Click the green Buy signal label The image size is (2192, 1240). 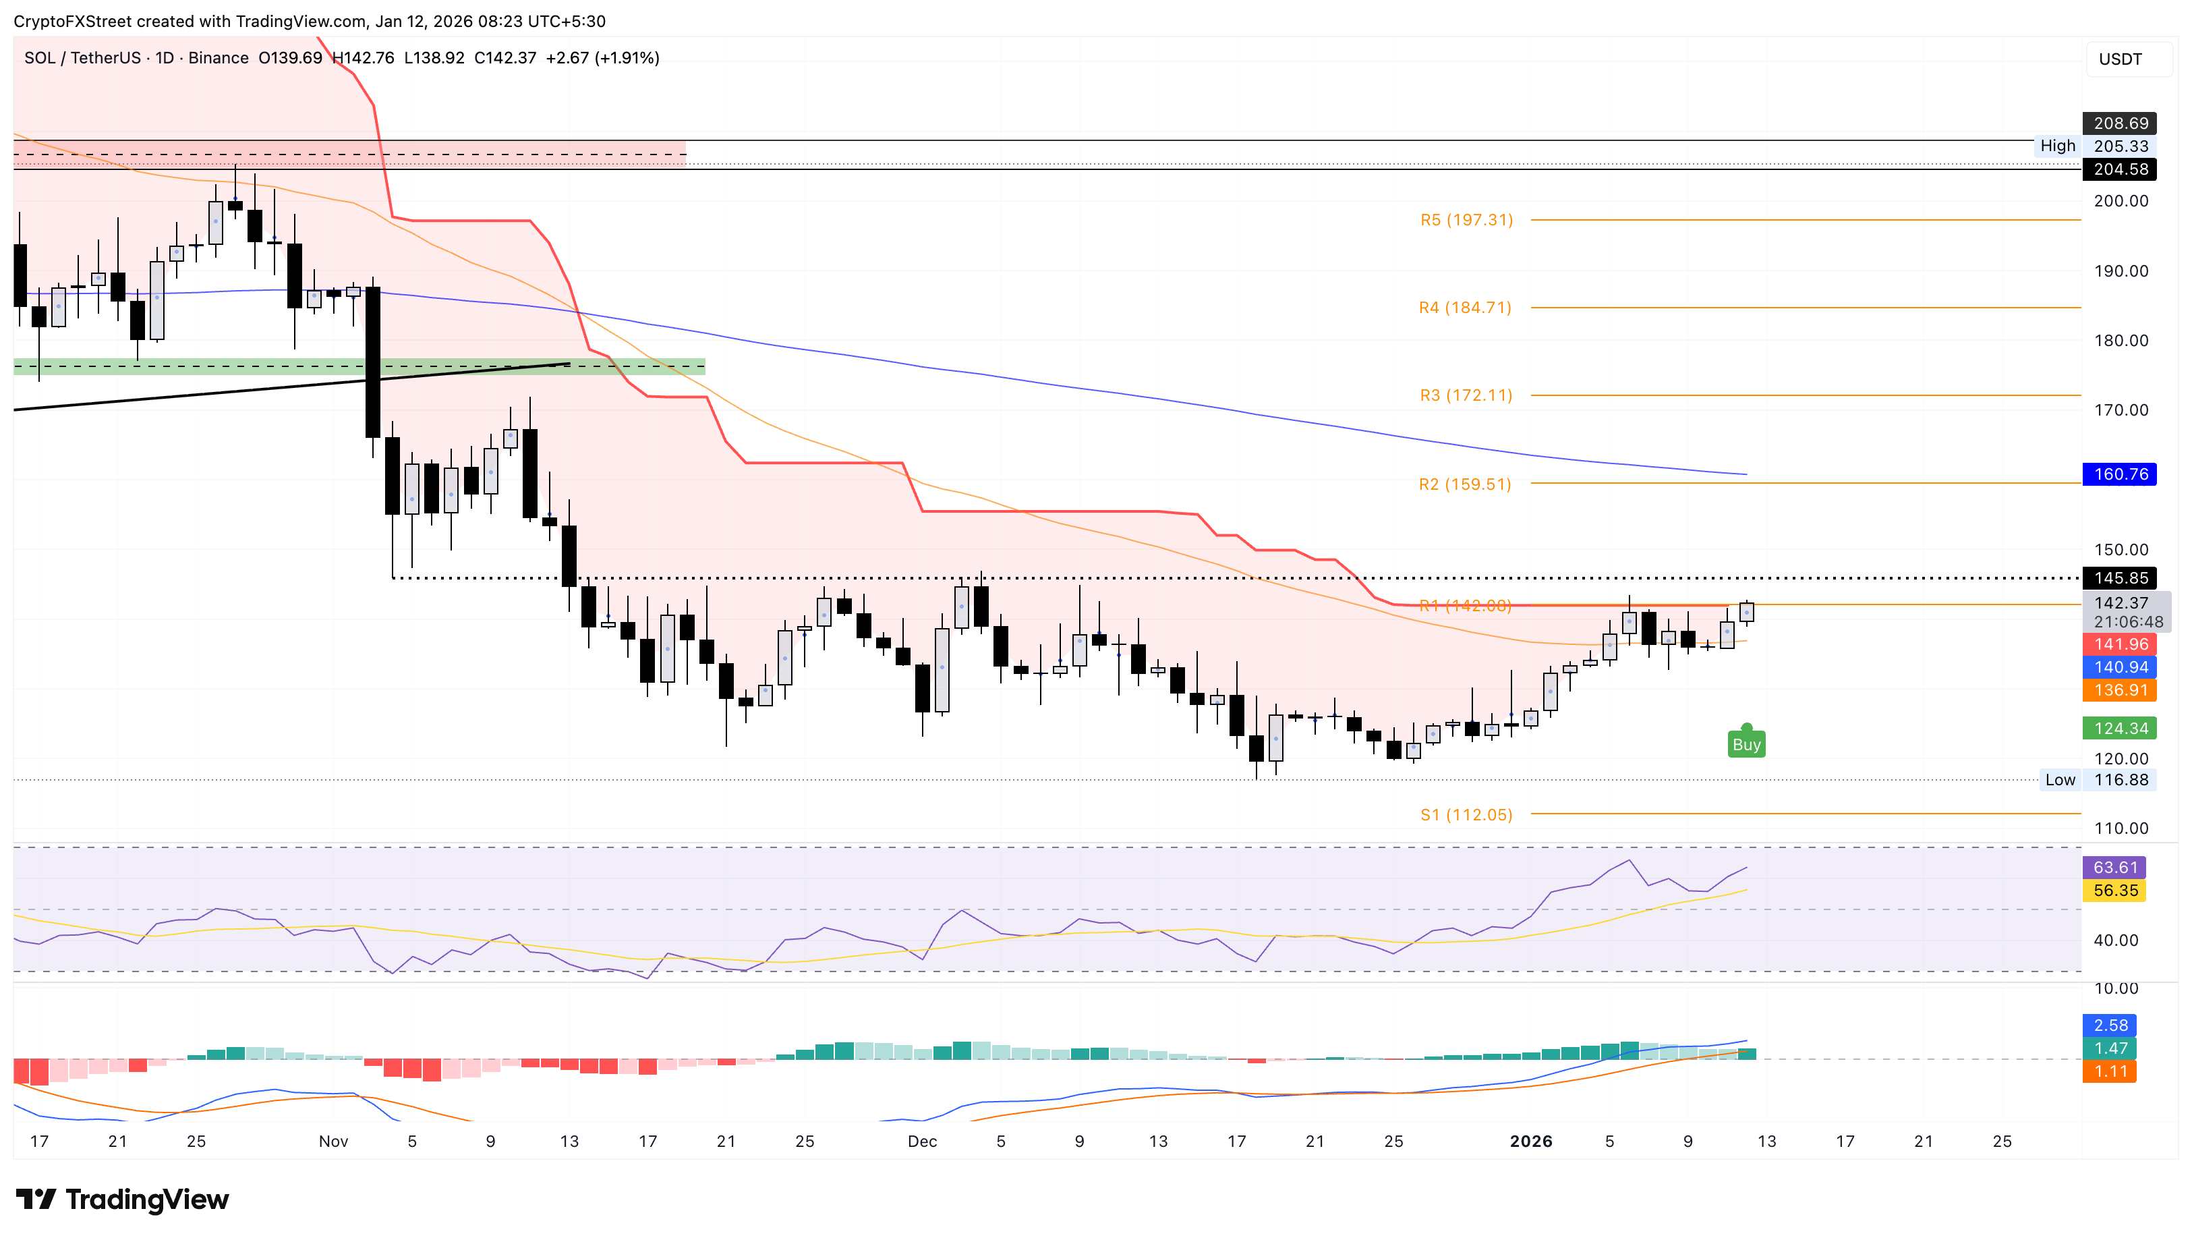tap(1746, 744)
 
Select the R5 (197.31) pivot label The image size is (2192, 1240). tap(1466, 220)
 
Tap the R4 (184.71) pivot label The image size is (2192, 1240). tap(1464, 308)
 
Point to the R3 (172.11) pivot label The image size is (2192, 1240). tap(1465, 395)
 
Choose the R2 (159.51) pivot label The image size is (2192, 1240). tap(1464, 484)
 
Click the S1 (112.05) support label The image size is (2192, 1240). tap(1466, 815)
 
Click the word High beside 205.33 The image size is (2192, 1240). tap(2058, 146)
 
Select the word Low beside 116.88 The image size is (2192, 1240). tap(2059, 780)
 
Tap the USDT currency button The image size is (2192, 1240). tap(2120, 59)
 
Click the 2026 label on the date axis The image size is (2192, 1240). tap(1530, 1142)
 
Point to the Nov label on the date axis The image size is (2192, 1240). tap(333, 1142)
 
